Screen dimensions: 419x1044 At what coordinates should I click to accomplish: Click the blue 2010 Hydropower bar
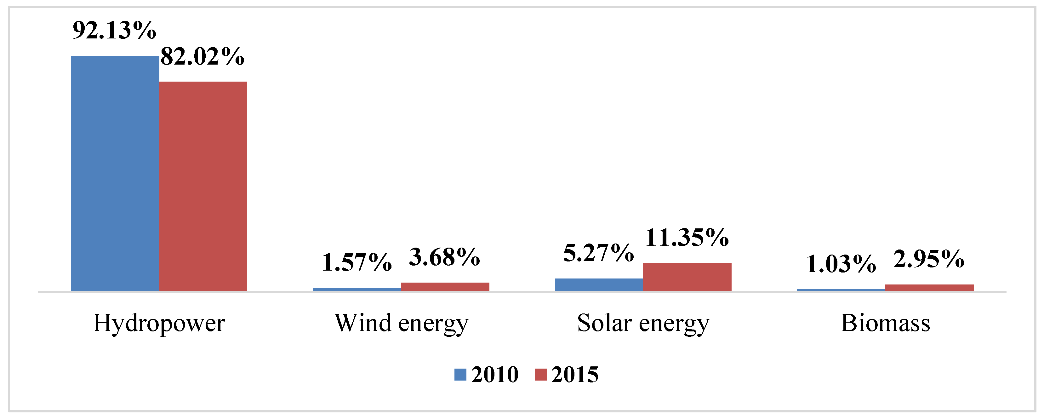click(x=115, y=174)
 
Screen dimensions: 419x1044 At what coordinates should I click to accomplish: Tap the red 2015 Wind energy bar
click(x=445, y=286)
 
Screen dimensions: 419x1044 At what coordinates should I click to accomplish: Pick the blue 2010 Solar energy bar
click(x=599, y=284)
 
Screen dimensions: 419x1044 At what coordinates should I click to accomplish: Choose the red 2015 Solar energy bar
click(x=687, y=277)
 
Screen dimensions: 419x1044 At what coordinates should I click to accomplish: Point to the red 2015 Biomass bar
click(x=929, y=288)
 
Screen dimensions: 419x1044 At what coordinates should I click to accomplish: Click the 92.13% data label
click(x=114, y=30)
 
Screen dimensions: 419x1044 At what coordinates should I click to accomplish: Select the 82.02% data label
click(x=202, y=57)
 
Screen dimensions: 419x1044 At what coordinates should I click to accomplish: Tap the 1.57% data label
click(x=357, y=263)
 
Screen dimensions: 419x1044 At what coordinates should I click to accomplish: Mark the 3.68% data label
click(x=445, y=257)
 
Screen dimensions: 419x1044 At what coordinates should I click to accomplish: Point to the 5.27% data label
click(x=599, y=254)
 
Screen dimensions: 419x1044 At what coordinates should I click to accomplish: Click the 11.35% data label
click(x=687, y=238)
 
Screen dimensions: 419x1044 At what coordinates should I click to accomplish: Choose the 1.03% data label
click(x=841, y=265)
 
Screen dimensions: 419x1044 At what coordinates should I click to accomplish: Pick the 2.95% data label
click(x=929, y=259)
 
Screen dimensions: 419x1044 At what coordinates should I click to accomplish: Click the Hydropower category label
click(x=159, y=323)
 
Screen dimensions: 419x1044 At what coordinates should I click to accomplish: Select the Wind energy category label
click(x=401, y=323)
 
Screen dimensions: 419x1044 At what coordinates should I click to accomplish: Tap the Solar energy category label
click(x=643, y=323)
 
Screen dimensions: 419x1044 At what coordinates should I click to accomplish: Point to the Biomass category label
click(x=886, y=323)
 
